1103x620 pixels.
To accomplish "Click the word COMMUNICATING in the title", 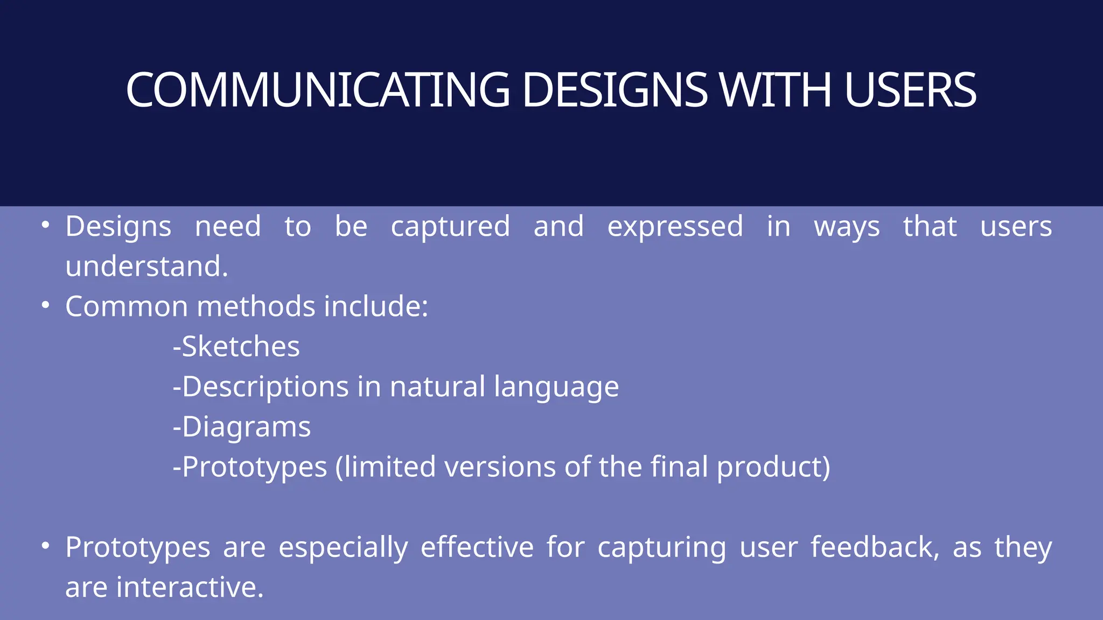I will pyautogui.click(x=318, y=90).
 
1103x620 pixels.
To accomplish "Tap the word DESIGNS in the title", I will pyautogui.click(x=615, y=90).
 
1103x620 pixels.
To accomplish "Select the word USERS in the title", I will pyautogui.click(x=910, y=90).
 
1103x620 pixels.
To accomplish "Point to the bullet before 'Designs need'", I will pyautogui.click(x=46, y=225).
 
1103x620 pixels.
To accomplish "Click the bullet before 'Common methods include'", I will pyautogui.click(x=46, y=305).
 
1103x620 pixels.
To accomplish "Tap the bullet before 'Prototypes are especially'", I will pyautogui.click(x=46, y=546).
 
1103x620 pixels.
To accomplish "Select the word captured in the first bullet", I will pyautogui.click(x=450, y=227).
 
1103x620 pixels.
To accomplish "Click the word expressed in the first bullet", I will pyautogui.click(x=675, y=227).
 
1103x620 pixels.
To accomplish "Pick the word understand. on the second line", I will pyautogui.click(x=146, y=266).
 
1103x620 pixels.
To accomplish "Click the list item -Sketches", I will pyautogui.click(x=236, y=347).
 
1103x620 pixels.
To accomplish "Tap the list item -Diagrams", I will pyautogui.click(x=241, y=427).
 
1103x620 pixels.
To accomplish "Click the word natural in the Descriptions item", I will pyautogui.click(x=437, y=387).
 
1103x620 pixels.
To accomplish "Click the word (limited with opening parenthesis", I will pyautogui.click(x=385, y=467).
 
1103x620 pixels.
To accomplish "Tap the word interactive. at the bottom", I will pyautogui.click(x=190, y=587).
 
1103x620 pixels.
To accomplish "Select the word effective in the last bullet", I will pyautogui.click(x=477, y=547).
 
